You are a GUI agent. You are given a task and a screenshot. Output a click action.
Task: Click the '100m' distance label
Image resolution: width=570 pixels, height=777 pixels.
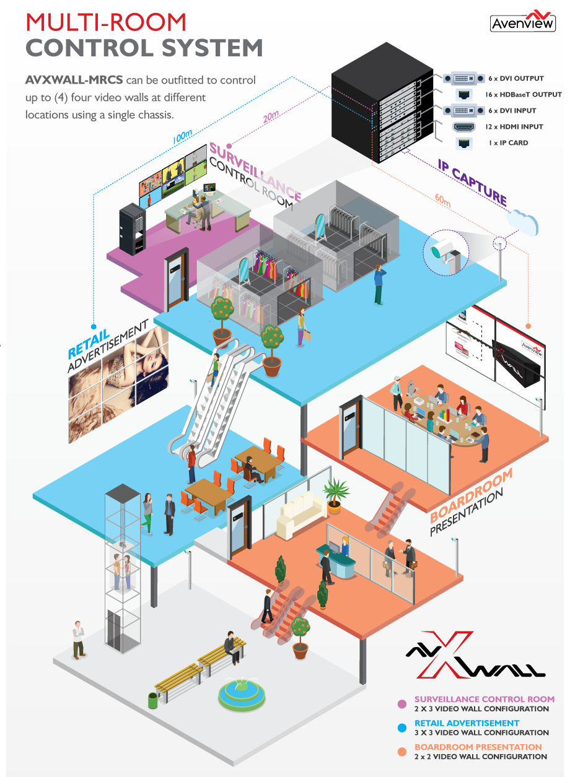coord(182,137)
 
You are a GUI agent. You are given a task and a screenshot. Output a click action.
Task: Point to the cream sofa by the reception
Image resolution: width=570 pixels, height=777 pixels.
coord(301,516)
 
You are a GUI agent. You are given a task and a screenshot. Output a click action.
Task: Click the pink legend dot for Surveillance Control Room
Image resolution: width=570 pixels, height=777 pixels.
coord(402,703)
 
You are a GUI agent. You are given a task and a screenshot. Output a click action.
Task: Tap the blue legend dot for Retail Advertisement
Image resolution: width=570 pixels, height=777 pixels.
coord(402,727)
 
